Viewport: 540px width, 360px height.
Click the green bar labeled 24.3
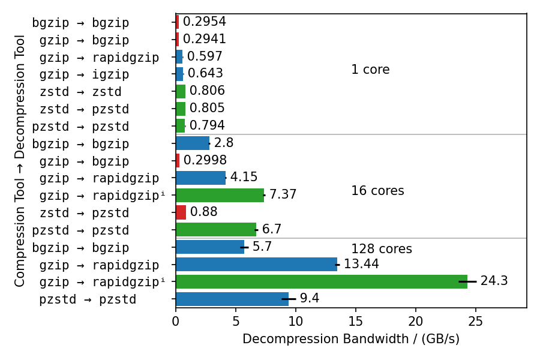pos(321,281)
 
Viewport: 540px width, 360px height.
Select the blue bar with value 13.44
pos(256,264)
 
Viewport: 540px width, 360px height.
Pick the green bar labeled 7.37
pos(220,195)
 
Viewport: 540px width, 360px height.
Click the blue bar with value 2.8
pos(192,143)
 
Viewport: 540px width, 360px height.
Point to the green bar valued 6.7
pos(215,230)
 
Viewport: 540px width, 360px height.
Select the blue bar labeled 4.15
pos(200,178)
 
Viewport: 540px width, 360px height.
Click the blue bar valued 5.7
pos(209,247)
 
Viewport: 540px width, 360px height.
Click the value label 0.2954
pos(204,22)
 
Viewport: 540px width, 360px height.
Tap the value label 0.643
pos(205,74)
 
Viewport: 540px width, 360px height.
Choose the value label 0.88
pos(203,212)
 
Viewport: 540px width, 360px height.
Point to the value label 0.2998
pos(205,160)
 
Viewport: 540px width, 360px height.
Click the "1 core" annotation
pos(370,70)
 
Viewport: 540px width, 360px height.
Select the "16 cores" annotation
pos(377,191)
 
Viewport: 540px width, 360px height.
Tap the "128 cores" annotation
pos(382,250)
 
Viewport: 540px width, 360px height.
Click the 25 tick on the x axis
pos(476,322)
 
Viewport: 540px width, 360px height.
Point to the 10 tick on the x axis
pos(296,322)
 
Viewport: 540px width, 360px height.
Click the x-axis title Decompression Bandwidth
pos(351,340)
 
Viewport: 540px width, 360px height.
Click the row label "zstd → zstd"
pos(80,92)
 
